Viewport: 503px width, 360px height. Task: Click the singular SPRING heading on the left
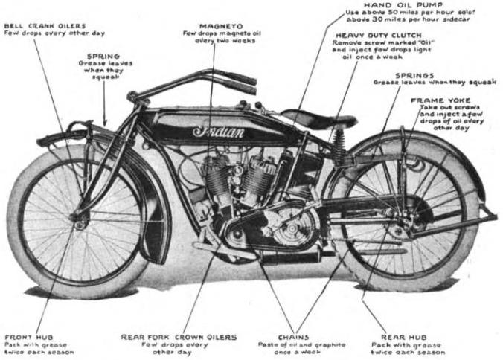click(x=103, y=55)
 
